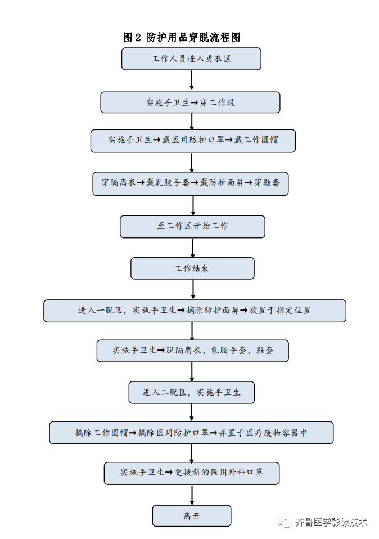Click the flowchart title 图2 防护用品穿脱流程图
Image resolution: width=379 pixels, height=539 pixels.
point(182,38)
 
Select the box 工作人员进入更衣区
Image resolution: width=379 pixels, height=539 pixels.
point(191,59)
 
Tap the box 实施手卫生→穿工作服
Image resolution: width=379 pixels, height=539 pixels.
point(190,102)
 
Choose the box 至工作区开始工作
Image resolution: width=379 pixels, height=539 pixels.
point(192,226)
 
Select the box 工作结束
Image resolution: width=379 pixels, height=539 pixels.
point(192,268)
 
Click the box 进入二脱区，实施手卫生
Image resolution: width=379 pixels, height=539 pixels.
point(191,392)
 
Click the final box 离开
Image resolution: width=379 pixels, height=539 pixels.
point(191,516)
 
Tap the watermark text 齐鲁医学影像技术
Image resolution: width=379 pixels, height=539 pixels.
point(331,522)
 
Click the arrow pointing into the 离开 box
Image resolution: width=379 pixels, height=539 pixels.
point(192,495)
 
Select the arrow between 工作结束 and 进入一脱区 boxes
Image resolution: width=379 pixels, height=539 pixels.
point(193,289)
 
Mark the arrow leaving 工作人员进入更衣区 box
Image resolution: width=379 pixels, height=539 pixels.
point(192,80)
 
